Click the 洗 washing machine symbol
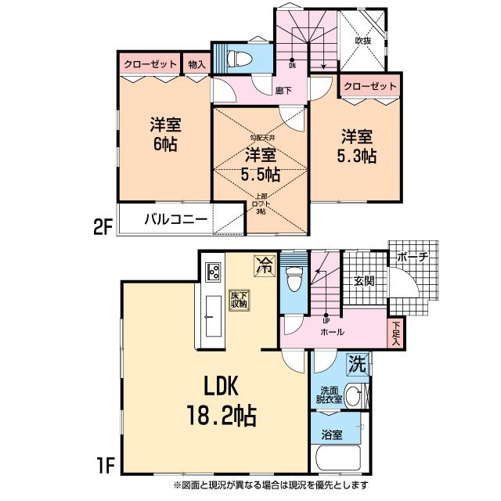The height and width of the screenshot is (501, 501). click(x=357, y=364)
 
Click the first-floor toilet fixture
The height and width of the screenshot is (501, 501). click(x=293, y=278)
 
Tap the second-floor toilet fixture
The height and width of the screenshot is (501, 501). click(x=240, y=58)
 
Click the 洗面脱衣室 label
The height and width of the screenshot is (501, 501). click(x=329, y=395)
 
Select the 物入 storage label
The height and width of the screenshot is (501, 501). click(x=196, y=65)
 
